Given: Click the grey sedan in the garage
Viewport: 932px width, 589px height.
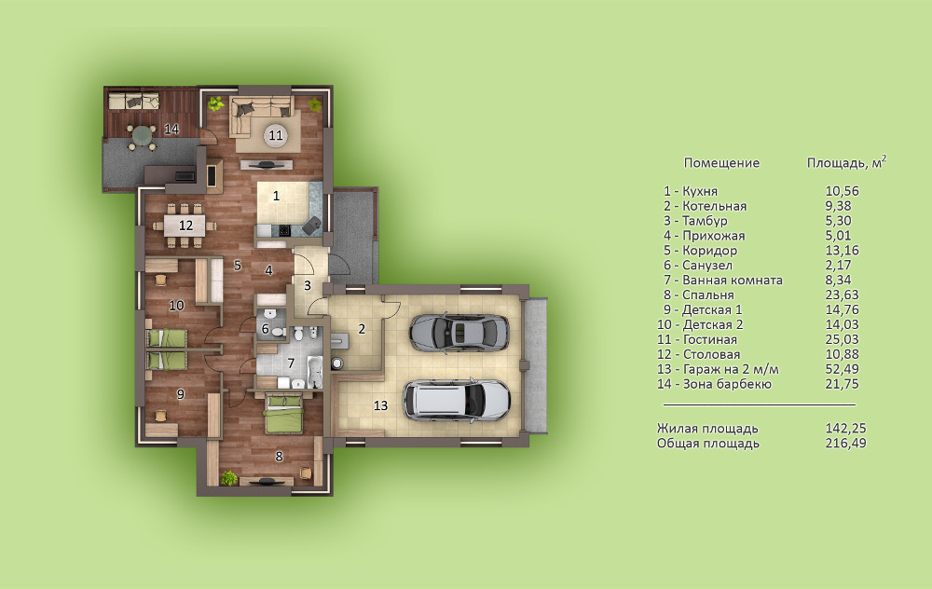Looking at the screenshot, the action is pos(459,333).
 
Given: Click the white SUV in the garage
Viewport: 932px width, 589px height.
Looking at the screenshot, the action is pos(457,400).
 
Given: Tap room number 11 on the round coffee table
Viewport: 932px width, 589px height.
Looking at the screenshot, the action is pos(275,135).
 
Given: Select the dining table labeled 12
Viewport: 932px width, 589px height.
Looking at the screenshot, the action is pos(185,226).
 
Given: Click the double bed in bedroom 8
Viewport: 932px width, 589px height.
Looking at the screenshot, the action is pos(284,414).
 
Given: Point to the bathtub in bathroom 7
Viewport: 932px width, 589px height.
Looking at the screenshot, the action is pos(314,372).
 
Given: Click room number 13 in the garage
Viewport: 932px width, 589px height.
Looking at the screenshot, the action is pos(380,405).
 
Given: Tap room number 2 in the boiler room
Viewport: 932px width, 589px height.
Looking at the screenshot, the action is pos(362,329).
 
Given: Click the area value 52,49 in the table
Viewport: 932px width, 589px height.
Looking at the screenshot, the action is pos(842,369).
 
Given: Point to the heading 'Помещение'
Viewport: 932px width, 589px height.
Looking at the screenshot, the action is pos(721,163).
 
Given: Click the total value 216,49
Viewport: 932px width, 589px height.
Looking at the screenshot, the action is pos(846,444).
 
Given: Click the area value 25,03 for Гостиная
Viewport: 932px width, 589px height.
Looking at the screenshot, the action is pos(842,339).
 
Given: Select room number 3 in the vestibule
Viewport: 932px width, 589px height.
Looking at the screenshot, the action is pos(308,286).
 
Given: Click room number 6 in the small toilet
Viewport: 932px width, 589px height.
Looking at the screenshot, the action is pos(265,329).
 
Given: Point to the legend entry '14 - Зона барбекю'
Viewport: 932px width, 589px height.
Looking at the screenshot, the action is pos(714,384).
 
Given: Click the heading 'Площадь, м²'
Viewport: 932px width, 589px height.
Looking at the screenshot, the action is pos(846,162).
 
